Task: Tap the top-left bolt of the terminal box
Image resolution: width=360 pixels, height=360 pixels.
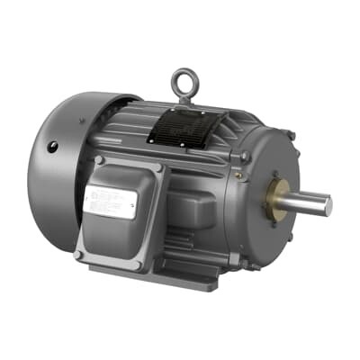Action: (x=100, y=160)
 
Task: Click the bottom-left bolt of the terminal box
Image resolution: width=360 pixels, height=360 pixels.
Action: (x=80, y=255)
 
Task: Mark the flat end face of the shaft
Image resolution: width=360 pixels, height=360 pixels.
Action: (x=328, y=206)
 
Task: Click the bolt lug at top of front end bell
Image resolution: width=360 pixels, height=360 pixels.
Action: (x=290, y=136)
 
